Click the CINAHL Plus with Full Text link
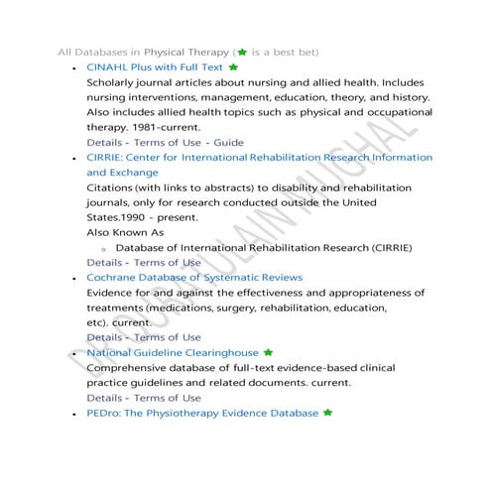click(155, 66)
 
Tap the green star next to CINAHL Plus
click(233, 66)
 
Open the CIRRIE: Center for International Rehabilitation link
click(259, 158)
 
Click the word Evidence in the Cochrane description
click(114, 293)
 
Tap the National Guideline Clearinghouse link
click(173, 352)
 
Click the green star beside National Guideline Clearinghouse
click(268, 352)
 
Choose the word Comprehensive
click(131, 368)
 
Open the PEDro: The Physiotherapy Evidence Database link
click(202, 413)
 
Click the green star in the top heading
click(241, 50)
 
